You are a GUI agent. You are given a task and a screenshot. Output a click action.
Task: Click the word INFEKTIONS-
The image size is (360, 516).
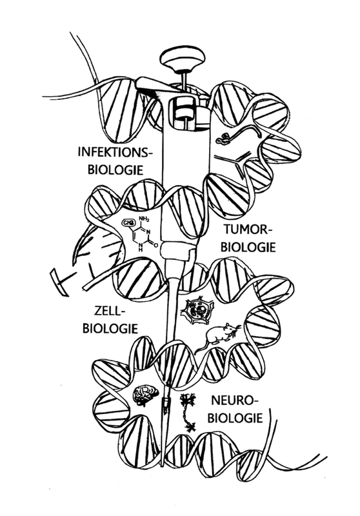(115, 152)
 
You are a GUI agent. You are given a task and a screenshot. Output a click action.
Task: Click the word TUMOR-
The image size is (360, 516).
(246, 229)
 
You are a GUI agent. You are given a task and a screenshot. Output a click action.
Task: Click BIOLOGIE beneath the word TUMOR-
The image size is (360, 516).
(248, 247)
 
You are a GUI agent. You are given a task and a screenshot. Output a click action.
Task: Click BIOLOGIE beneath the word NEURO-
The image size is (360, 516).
(235, 418)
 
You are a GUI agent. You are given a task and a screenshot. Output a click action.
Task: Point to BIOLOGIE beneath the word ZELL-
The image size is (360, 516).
(110, 328)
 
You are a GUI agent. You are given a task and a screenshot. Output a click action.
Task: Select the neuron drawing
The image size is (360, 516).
(188, 412)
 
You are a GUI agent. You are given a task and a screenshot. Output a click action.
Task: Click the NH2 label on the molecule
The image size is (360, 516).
(144, 218)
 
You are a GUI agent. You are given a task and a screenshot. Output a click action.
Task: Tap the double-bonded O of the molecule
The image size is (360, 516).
(155, 245)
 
